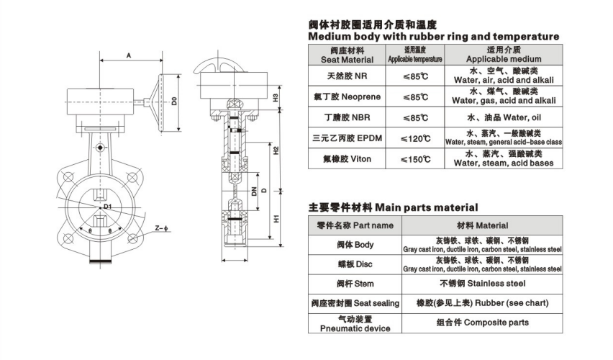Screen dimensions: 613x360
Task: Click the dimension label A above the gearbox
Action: (129, 55)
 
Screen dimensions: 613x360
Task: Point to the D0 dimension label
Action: (174, 101)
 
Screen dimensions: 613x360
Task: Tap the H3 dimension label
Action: (276, 98)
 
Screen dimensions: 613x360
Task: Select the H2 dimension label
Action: (276, 150)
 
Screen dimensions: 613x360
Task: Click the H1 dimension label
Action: (276, 218)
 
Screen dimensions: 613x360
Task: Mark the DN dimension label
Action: (254, 191)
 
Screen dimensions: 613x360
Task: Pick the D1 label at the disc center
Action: (108, 206)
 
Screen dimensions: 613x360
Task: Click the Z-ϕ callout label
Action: (161, 228)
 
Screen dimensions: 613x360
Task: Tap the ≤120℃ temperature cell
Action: (415, 138)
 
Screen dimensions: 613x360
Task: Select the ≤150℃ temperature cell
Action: (415, 159)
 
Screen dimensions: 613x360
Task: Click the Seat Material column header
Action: (348, 55)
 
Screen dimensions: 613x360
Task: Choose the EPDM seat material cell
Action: (348, 138)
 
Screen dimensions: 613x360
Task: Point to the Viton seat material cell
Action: (348, 159)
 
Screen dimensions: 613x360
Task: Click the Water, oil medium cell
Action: (504, 118)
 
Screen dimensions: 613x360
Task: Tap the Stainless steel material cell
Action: (483, 283)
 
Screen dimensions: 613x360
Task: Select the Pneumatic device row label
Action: (355, 324)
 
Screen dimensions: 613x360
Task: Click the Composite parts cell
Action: (483, 323)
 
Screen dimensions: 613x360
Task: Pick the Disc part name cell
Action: (355, 264)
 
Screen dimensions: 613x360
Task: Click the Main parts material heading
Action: (393, 207)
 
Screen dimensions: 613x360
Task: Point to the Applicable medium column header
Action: (504, 55)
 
